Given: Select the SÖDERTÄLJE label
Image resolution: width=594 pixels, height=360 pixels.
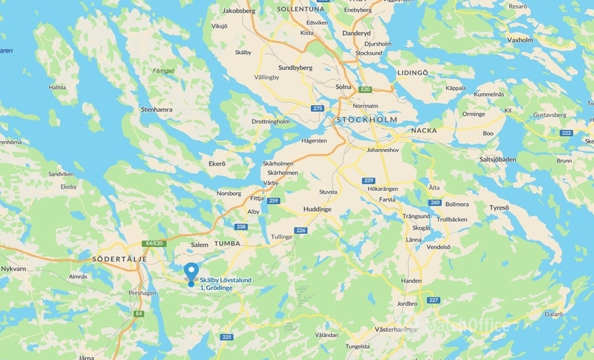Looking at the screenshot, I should pyautogui.click(x=120, y=258).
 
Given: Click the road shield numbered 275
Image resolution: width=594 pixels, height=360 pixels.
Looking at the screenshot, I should pyautogui.click(x=318, y=108).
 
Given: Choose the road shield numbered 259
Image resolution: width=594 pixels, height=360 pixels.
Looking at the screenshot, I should pyautogui.click(x=273, y=201).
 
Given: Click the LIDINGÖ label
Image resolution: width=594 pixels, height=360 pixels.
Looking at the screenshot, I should pyautogui.click(x=413, y=73).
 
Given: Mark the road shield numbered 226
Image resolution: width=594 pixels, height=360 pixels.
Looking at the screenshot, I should pyautogui.click(x=301, y=230).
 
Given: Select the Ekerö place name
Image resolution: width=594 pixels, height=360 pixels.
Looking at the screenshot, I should pyautogui.click(x=217, y=163).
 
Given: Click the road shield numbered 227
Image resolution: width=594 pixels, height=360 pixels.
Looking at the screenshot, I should pyautogui.click(x=433, y=300).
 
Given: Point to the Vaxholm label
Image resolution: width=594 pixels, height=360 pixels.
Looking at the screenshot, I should pyautogui.click(x=520, y=40).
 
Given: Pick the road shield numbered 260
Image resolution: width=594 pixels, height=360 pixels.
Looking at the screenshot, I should pyautogui.click(x=434, y=202).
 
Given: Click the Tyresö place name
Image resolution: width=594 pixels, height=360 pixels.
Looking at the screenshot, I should pyautogui.click(x=499, y=208).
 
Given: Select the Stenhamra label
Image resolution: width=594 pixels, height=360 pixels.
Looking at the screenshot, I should pyautogui.click(x=156, y=110).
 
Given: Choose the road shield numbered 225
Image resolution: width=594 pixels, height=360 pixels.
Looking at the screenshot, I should pyautogui.click(x=228, y=337).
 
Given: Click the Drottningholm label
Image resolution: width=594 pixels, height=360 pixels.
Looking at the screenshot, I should pyautogui.click(x=270, y=122).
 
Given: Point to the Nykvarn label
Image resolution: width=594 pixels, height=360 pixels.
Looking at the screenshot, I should pyautogui.click(x=14, y=268).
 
